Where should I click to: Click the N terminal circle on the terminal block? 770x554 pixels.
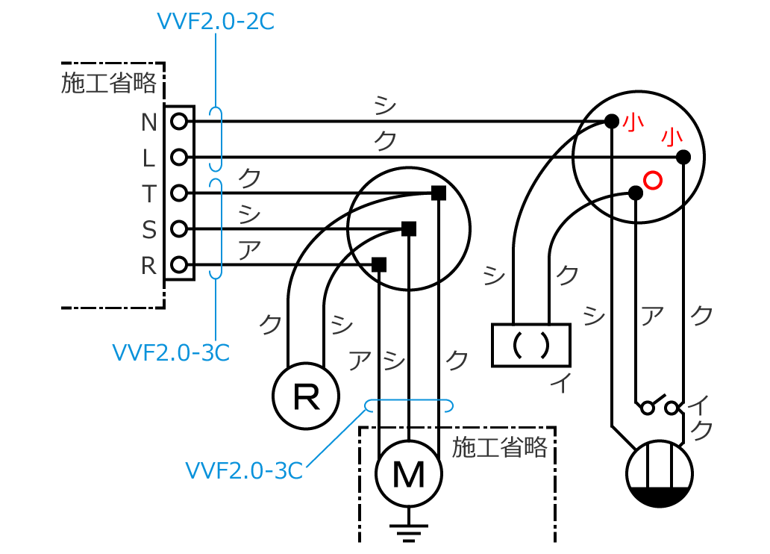point(178,121)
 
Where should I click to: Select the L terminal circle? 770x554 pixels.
point(178,157)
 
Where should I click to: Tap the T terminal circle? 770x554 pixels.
point(178,193)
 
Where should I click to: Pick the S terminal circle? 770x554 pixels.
point(178,228)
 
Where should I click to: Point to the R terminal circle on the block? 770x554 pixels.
point(178,264)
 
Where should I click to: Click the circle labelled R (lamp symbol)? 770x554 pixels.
point(306,396)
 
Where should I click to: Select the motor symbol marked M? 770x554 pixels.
point(408,473)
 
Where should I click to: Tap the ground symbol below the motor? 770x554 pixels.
point(408,531)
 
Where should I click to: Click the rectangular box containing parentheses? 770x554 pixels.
point(530,345)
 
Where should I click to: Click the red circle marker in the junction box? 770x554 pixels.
point(652,180)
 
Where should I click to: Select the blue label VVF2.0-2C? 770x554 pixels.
point(215,22)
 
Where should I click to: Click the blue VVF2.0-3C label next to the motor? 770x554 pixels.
point(244,471)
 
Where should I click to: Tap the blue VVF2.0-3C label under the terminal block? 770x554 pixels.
point(171,352)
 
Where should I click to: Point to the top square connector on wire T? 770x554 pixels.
point(439,193)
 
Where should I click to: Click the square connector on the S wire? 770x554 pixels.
point(408,228)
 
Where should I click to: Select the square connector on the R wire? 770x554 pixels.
point(379,264)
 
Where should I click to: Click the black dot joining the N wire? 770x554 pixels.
point(611,121)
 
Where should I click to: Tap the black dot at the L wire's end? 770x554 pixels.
point(683,157)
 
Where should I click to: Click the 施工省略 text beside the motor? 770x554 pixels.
point(500,447)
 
